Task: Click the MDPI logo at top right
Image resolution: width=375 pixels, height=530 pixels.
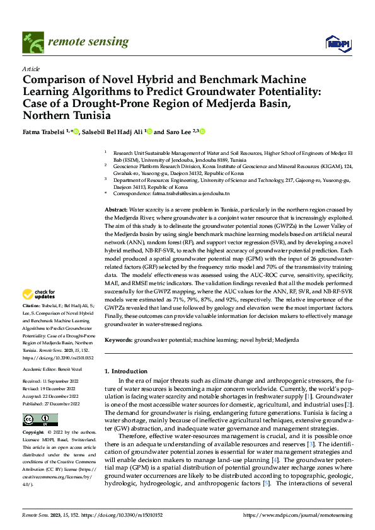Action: coord(339,42)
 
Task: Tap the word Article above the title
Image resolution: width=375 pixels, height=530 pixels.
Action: coord(31,69)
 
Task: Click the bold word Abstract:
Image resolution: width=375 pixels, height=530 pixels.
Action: coord(116,208)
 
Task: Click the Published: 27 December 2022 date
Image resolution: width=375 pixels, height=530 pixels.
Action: coord(54,403)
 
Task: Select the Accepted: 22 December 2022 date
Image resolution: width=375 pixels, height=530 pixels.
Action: coord(54,397)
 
